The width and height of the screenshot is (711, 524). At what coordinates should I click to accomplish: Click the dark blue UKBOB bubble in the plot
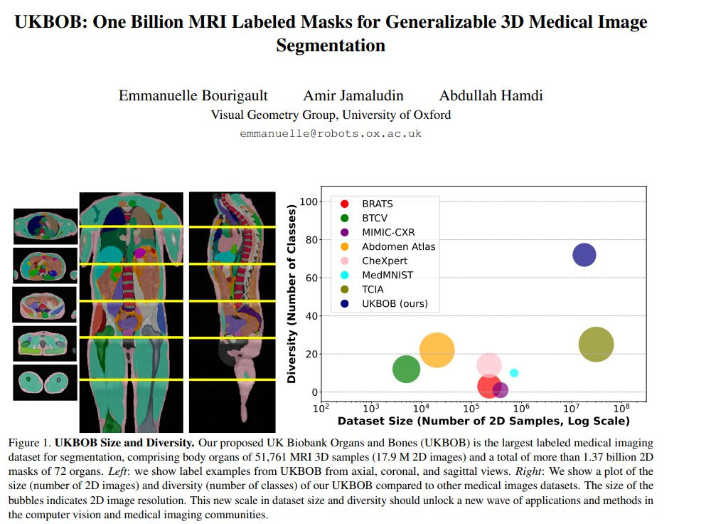coord(584,254)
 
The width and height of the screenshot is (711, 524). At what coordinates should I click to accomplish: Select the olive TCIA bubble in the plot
coord(597,345)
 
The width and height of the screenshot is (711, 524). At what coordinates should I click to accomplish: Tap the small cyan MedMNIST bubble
coord(514,373)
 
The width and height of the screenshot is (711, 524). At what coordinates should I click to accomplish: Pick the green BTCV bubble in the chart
coord(406,369)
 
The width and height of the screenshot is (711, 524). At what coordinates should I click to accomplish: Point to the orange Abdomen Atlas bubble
coord(437,350)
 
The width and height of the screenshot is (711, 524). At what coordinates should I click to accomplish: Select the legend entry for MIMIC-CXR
coord(387,232)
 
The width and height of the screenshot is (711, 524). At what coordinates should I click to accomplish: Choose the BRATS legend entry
coord(377,204)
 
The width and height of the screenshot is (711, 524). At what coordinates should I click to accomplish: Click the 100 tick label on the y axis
coord(308,202)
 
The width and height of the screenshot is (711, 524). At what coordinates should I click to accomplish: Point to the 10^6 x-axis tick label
coord(520,409)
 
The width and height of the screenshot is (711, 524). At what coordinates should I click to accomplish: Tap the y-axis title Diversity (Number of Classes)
coord(292,295)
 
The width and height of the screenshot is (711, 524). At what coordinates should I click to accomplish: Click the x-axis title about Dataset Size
coord(483,421)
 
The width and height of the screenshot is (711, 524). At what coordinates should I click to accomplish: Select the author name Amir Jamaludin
coord(353,95)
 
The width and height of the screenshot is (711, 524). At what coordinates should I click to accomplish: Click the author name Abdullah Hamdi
coord(491,95)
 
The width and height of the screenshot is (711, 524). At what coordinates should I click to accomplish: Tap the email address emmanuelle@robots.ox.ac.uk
coord(331,133)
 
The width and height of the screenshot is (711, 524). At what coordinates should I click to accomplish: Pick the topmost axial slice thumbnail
coord(46,226)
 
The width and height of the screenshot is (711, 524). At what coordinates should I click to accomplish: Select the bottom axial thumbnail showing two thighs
coord(46,382)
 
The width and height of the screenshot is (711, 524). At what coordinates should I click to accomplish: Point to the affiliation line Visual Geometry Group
coord(331,115)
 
